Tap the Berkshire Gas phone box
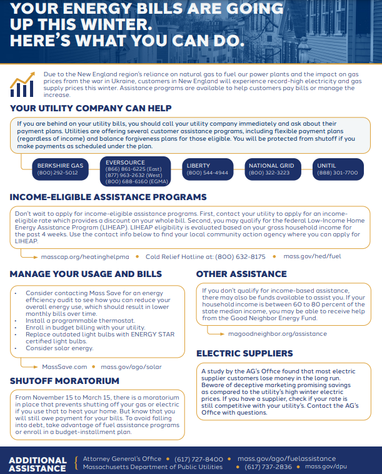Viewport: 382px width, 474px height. (59, 169)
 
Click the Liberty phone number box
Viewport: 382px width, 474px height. (206, 169)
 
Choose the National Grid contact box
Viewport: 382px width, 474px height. (269, 169)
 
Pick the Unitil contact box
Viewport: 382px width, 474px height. (337, 169)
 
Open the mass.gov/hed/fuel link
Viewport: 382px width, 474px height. (312, 256)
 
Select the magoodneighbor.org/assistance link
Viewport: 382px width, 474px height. (277, 333)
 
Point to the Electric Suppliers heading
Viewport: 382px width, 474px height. (244, 353)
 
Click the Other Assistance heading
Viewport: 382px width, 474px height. (241, 274)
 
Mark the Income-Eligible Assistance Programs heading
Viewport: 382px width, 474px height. (108, 197)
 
